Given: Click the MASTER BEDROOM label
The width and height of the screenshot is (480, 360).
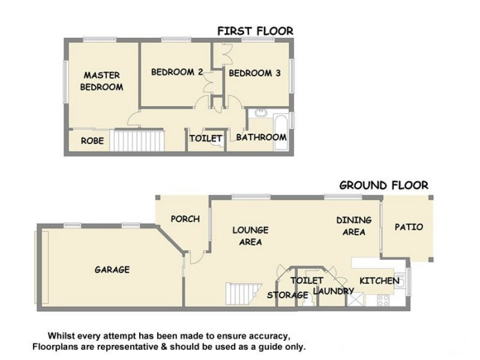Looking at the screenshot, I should coord(102,81).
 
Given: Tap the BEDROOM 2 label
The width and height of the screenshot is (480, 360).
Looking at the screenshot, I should coord(176,72).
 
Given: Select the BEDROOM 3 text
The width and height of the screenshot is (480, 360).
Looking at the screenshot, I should coord(255,74).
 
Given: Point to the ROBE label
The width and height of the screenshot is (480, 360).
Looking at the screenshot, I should coord(93,142).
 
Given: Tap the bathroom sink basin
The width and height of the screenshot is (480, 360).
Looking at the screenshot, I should coord(261,113).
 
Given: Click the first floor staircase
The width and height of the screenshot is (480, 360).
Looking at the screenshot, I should coord(139,140).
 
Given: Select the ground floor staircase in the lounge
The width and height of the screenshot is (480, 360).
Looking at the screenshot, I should coord(242,294).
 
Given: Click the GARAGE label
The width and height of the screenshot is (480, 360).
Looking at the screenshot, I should coord(112,269).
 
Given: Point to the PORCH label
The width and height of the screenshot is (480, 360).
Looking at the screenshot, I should coord(185,219).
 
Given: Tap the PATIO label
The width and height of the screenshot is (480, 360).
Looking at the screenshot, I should coord(409,227).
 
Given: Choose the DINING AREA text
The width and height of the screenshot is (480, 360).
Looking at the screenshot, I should coord(353,226).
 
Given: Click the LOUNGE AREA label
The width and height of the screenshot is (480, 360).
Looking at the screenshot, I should coord(250,236).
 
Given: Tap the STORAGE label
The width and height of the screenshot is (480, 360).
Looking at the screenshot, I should coord(287,295).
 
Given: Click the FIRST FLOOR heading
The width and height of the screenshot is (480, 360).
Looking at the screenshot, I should coord(255,31).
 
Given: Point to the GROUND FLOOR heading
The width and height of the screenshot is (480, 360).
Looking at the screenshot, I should coord(383,185).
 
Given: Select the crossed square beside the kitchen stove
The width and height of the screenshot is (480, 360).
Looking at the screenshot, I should coord(357,300).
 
